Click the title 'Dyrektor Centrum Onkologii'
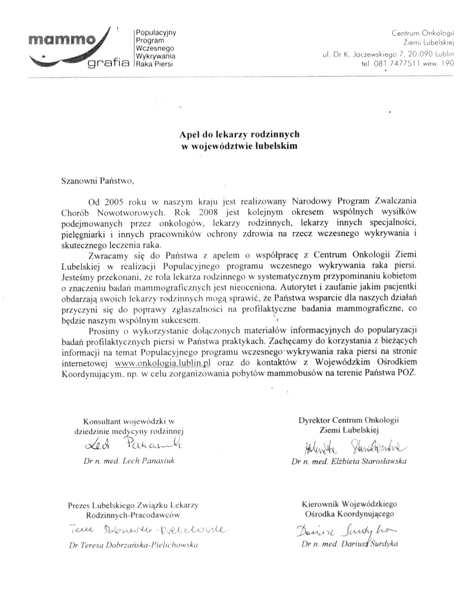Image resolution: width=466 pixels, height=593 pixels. click(x=348, y=420)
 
